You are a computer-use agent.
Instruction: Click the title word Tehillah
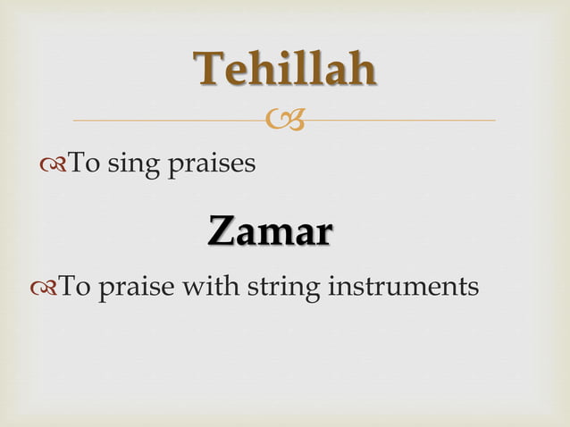[285, 70]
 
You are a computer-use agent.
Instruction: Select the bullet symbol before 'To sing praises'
[52, 164]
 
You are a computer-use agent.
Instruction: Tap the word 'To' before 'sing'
[85, 163]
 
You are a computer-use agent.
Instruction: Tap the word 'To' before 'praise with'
[75, 287]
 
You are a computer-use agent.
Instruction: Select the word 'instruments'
[405, 288]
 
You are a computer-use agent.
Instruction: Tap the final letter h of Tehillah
[361, 70]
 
